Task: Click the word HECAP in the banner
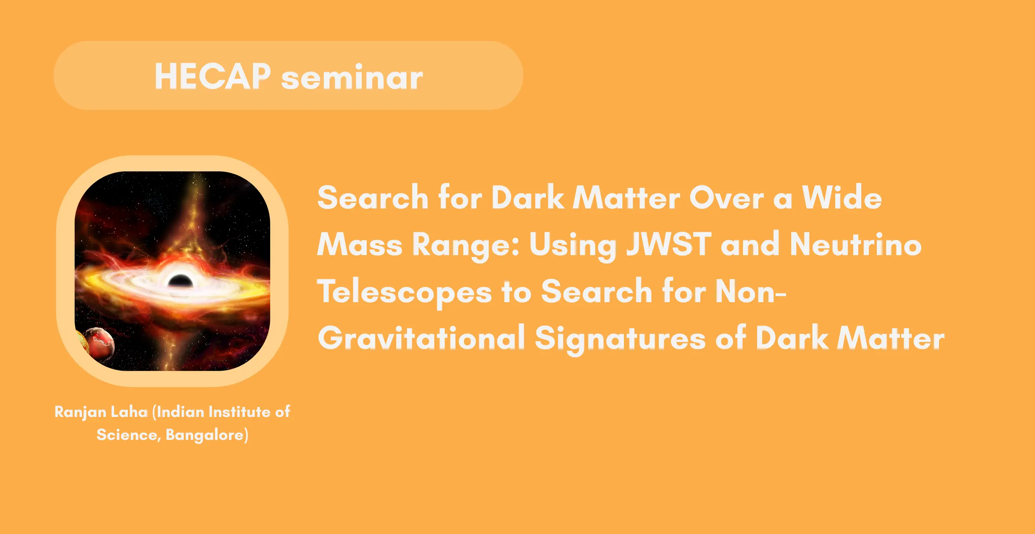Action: coord(212,76)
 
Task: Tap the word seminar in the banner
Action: coord(352,77)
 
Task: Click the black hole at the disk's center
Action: coord(180,280)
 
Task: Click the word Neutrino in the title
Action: coord(856,244)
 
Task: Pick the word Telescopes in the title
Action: coord(405,292)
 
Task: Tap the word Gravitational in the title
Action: coord(421,339)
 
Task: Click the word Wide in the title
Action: coord(842,197)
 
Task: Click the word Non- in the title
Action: coord(751,292)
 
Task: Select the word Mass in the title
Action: coord(359,244)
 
